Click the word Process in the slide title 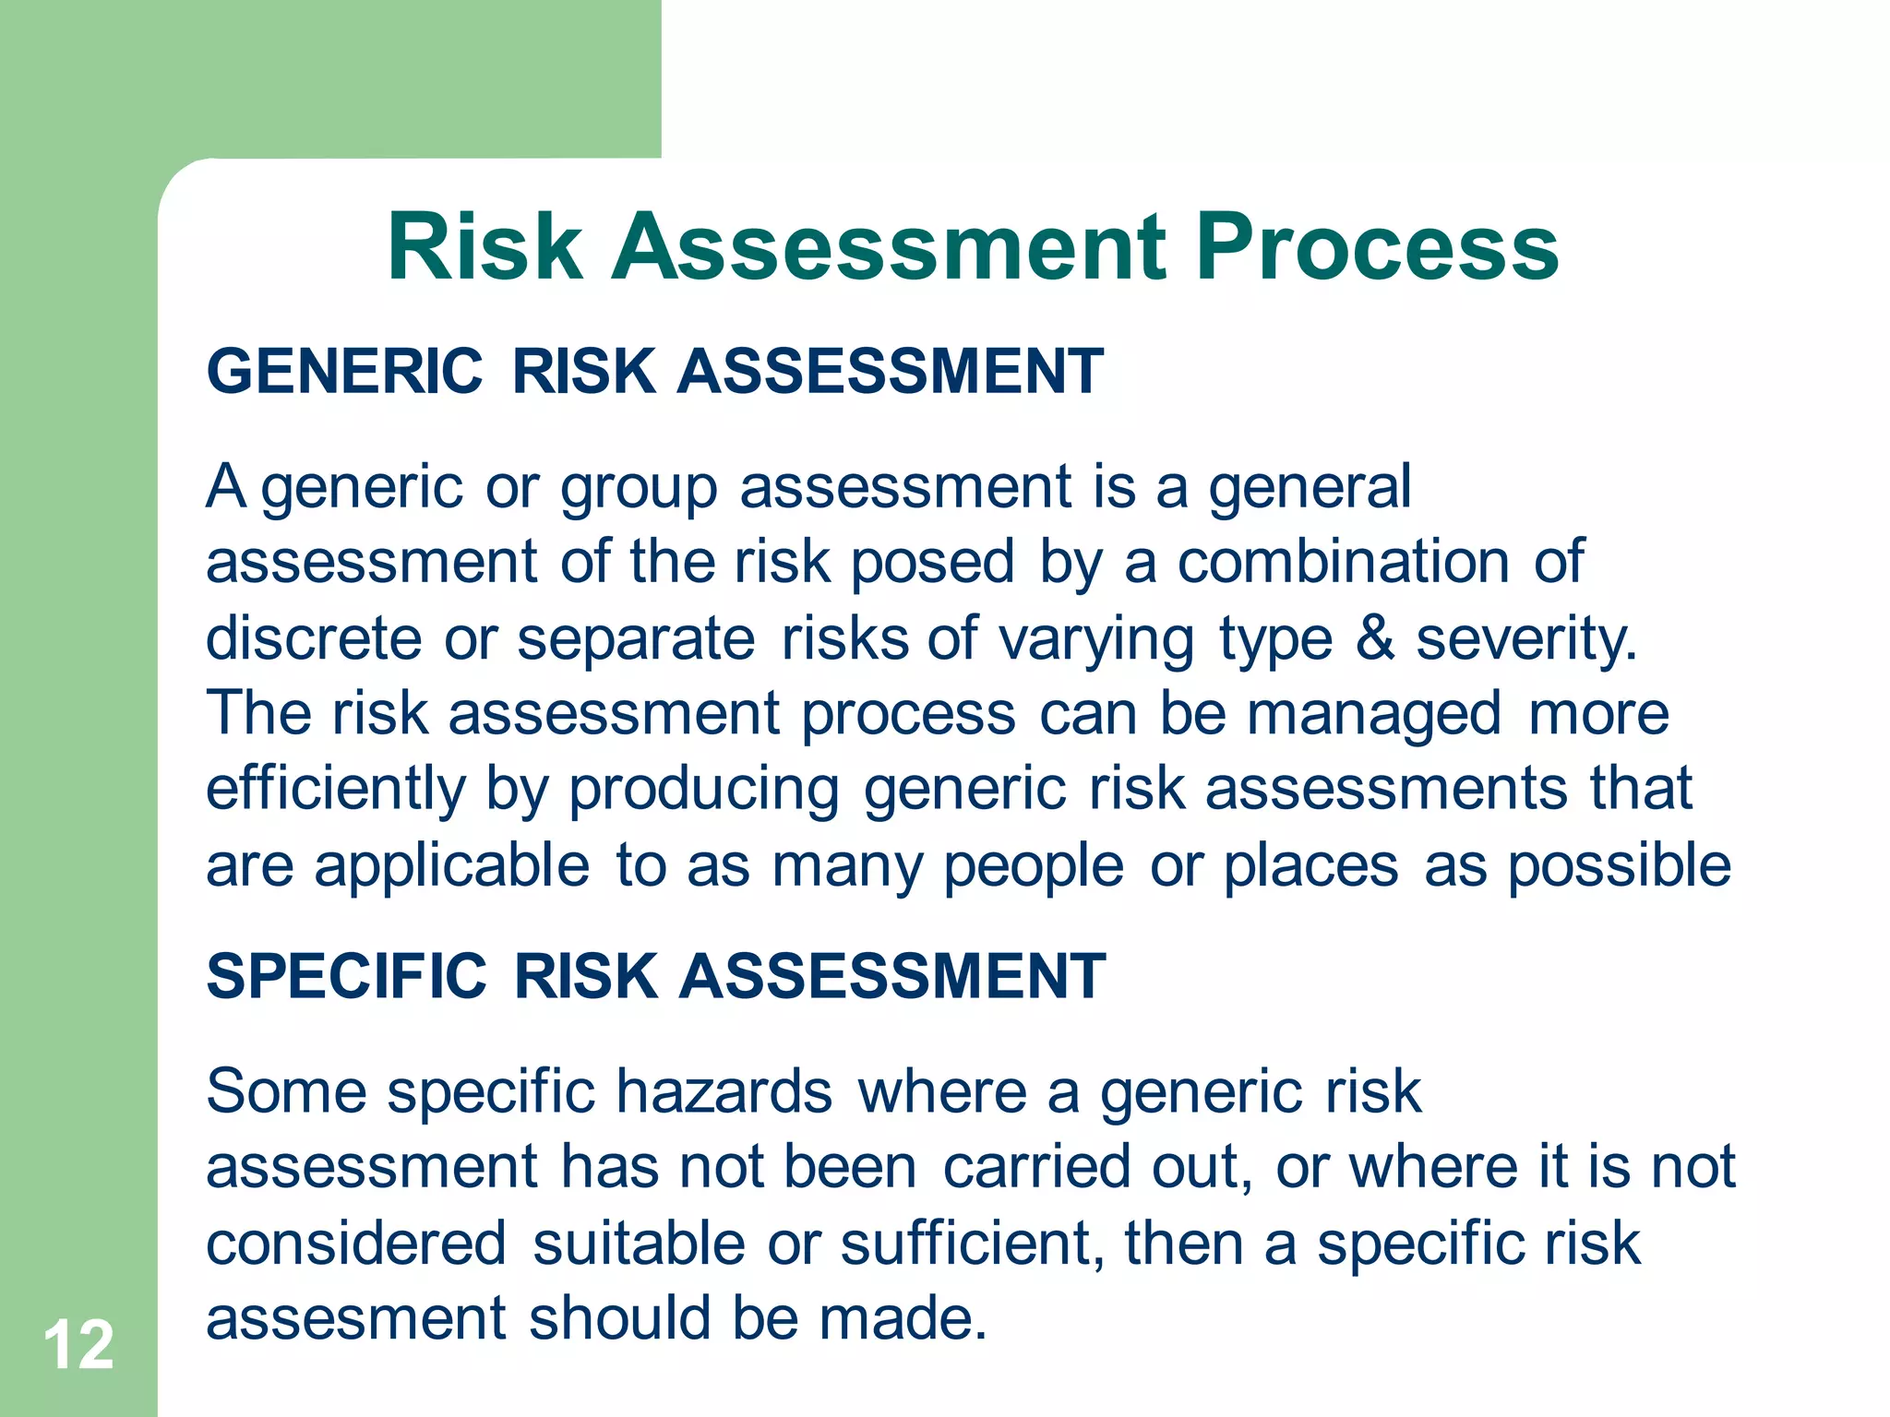[1376, 246]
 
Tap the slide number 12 [78, 1345]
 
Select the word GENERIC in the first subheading [344, 371]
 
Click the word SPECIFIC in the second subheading [346, 976]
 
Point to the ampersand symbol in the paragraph [1374, 637]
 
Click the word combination [1343, 562]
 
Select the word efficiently [336, 791]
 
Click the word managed [1374, 715]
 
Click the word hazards [724, 1091]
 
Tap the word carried [1036, 1167]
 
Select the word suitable [639, 1243]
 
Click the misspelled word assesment [356, 1318]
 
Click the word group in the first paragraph [639, 488]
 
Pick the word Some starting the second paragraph [286, 1091]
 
